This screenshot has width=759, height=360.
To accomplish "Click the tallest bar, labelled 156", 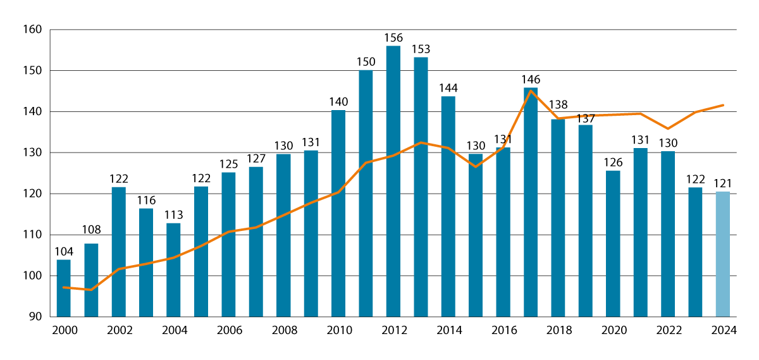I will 393,181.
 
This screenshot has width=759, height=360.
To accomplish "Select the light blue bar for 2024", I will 722,254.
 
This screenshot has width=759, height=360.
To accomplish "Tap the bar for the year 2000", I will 63,288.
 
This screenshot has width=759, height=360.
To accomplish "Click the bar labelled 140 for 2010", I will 338,213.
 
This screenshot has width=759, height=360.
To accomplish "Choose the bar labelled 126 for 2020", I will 612,244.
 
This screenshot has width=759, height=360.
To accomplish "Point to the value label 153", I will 421,49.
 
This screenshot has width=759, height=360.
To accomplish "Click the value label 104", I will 63,251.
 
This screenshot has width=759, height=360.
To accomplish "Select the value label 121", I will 722,183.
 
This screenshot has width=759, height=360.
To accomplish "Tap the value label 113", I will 173,214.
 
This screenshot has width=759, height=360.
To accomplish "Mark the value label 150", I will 366,61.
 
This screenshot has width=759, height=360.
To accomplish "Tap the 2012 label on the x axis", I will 393,330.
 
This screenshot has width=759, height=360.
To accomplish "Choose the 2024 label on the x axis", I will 722,330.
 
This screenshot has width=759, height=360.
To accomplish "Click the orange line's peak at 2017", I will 530,90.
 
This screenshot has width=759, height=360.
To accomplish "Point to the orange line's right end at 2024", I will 723,105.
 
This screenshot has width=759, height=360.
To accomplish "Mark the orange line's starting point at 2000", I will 63,287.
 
